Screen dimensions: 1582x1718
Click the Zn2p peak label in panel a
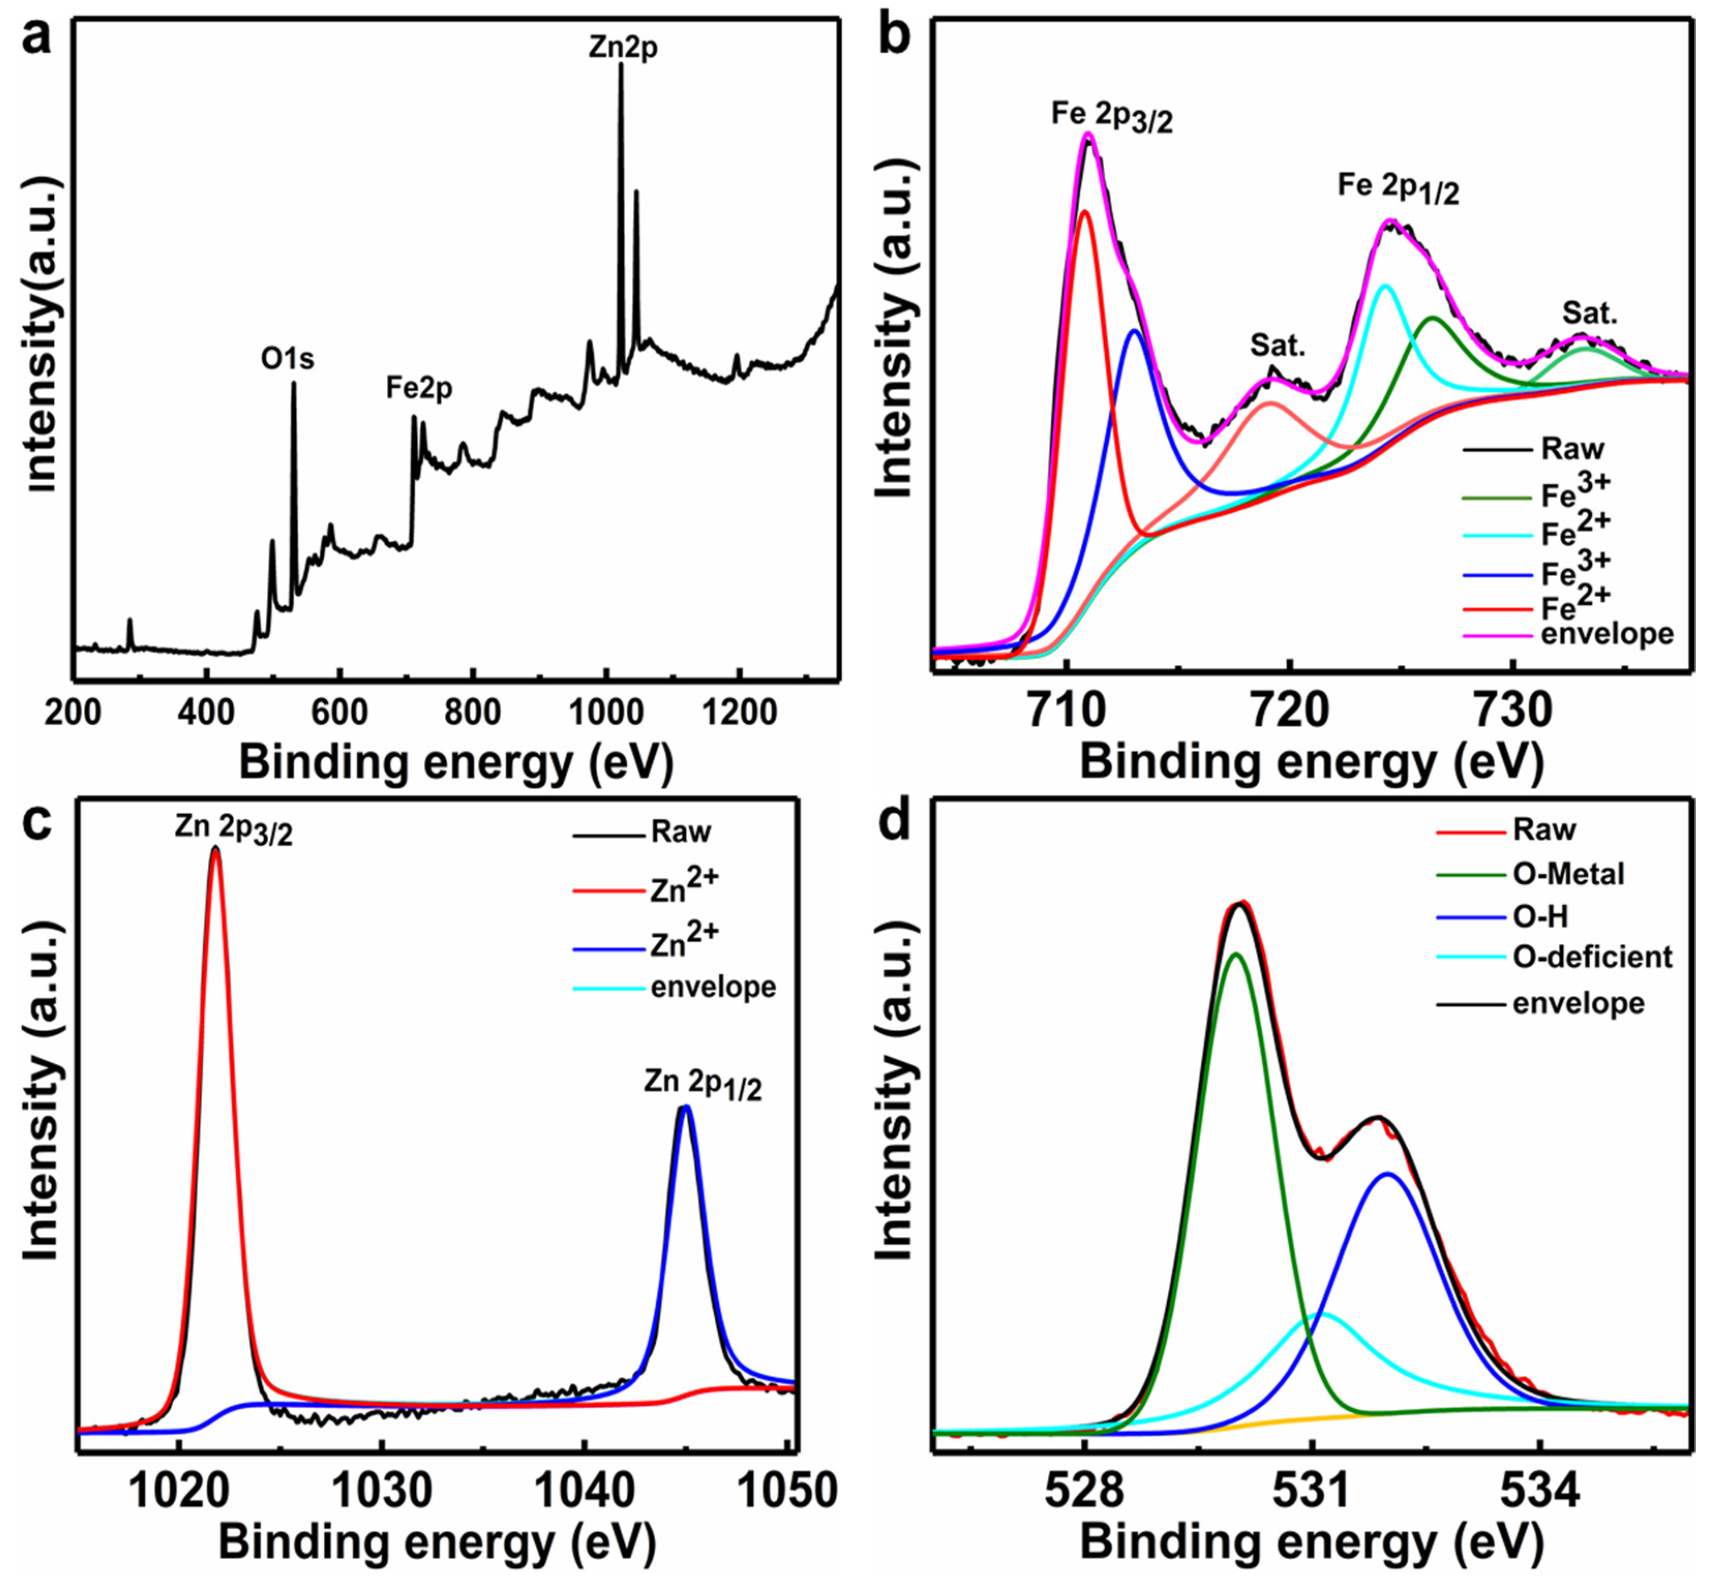click(623, 48)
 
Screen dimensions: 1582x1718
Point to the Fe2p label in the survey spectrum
click(419, 389)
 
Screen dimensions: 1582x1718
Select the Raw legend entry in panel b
click(1572, 449)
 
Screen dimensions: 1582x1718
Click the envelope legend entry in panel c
click(713, 987)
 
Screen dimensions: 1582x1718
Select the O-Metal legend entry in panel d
click(1568, 874)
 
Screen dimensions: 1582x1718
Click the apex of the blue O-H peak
click(1388, 1174)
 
